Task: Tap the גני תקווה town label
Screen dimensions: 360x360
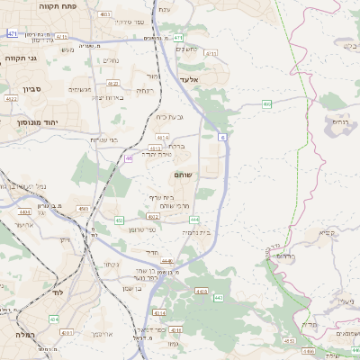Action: point(20,58)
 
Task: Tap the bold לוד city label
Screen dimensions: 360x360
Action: point(60,292)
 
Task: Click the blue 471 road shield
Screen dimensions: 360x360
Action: point(12,32)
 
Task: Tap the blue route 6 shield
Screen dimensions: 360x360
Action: point(221,137)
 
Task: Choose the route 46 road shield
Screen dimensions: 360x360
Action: point(129,157)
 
